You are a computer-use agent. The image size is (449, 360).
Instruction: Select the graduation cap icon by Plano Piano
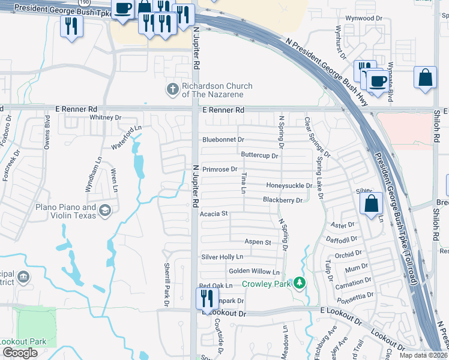tap(105, 210)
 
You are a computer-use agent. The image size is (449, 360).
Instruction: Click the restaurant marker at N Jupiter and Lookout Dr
tap(205, 298)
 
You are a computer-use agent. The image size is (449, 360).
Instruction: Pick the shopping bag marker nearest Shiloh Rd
tap(425, 77)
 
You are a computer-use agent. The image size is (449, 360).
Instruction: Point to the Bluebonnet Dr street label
tap(223, 140)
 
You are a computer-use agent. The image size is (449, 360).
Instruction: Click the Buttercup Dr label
tap(259, 155)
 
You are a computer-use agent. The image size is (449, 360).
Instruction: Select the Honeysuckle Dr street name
tap(289, 185)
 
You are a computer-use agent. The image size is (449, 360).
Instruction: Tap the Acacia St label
tap(214, 213)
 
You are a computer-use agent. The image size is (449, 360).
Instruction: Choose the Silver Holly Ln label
tap(221, 257)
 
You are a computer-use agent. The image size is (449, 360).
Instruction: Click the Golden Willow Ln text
tap(254, 271)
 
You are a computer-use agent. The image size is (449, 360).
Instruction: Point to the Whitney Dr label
tap(105, 118)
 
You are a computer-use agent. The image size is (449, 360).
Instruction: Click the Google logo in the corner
tap(20, 353)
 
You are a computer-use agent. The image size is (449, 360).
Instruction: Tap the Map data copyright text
tap(423, 355)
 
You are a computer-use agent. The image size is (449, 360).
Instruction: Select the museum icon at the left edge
tap(23, 277)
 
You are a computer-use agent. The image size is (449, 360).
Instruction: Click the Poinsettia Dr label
tap(354, 296)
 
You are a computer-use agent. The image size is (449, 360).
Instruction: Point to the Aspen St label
tap(258, 242)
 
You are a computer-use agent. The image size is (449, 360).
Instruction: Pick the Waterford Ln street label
tap(126, 137)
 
